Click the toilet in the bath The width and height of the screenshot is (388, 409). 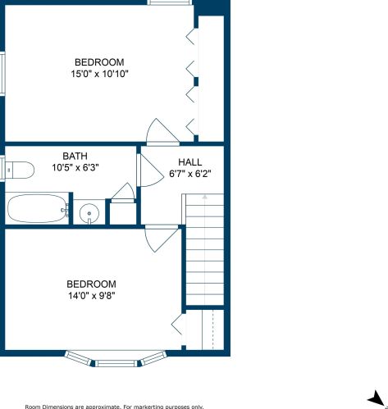pyautogui.click(x=20, y=170)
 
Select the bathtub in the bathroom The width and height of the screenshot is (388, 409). pyautogui.click(x=37, y=209)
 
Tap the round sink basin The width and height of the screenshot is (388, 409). pyautogui.click(x=89, y=213)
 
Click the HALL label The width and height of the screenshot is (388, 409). pyautogui.click(x=190, y=162)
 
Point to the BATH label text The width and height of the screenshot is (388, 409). pyautogui.click(x=75, y=156)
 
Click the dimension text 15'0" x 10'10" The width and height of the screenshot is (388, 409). pyautogui.click(x=99, y=74)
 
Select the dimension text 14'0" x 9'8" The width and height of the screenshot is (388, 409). pyautogui.click(x=92, y=296)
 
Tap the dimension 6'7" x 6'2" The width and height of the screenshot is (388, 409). pyautogui.click(x=190, y=174)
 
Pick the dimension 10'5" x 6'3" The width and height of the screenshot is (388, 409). pyautogui.click(x=75, y=167)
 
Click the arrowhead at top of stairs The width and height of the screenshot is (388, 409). pyautogui.click(x=205, y=196)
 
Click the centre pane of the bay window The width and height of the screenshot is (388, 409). pyautogui.click(x=116, y=363)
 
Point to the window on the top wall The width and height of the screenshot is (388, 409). pyautogui.click(x=169, y=2)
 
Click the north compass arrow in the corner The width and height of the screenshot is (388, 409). pyautogui.click(x=378, y=399)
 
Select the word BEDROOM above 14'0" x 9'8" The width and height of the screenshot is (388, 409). pyautogui.click(x=91, y=284)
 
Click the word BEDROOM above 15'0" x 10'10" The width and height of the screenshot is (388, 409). pyautogui.click(x=99, y=62)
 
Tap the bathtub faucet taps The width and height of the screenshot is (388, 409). pyautogui.click(x=66, y=211)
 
